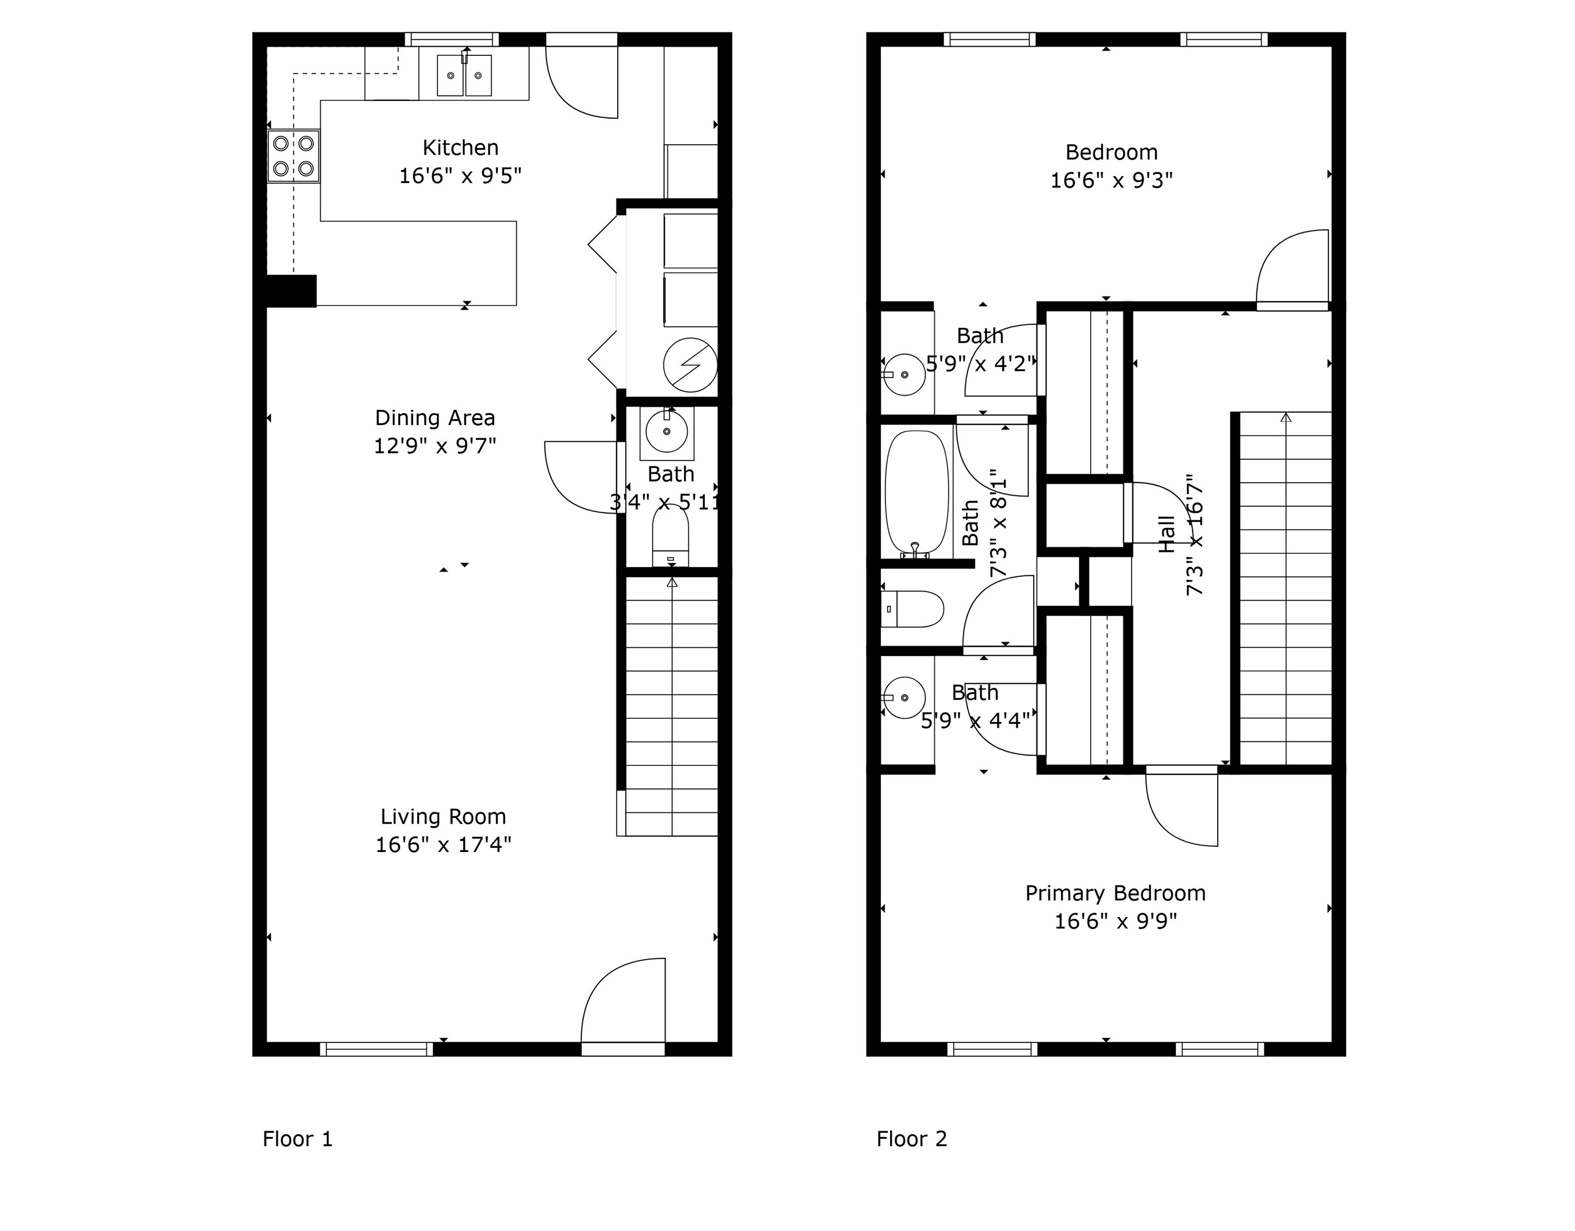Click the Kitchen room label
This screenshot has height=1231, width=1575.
pos(460,148)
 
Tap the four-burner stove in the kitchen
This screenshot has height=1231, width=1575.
pos(293,156)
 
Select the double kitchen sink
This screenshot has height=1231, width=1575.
pos(464,75)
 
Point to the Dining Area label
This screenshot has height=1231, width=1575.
pos(435,418)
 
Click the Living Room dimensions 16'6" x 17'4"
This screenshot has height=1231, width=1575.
pos(443,845)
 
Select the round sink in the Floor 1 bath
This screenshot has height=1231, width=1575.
pos(666,432)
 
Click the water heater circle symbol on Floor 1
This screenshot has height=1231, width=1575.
pos(690,365)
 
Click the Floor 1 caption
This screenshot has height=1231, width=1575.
pos(297,1139)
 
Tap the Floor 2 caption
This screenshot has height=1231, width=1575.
pos(912,1139)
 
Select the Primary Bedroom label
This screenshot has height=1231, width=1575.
pos(1116,894)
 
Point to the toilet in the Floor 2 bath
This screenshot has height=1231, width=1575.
pos(913,609)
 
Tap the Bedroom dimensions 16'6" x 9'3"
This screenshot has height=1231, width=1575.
pos(1111,180)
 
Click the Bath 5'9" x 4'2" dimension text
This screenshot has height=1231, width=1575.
pos(981,364)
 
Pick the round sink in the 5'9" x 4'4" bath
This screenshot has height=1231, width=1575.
pos(904,698)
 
